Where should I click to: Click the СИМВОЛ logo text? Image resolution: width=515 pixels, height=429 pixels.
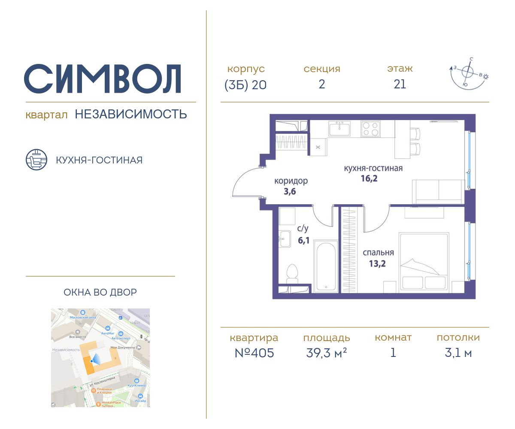102,79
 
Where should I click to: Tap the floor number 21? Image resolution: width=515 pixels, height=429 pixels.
400,85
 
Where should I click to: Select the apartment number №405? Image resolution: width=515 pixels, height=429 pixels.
254,353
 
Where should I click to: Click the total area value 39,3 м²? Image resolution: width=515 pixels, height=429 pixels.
326,353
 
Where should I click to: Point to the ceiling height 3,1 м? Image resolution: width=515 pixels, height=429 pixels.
458,353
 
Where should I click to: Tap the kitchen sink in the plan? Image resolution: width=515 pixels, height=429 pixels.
339,128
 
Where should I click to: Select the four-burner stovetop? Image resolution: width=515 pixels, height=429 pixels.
370,129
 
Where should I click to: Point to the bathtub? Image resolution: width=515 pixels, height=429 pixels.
326,266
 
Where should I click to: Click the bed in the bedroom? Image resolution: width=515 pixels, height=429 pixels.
424,263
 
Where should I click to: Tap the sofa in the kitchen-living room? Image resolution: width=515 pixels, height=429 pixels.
438,191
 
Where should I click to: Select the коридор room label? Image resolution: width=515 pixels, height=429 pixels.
291,181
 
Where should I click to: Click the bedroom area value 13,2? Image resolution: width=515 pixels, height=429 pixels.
377,263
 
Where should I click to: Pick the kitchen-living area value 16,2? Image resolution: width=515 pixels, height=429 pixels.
369,178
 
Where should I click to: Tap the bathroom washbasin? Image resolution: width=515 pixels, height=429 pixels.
284,239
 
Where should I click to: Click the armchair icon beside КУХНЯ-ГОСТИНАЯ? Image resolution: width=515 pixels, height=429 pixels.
36,160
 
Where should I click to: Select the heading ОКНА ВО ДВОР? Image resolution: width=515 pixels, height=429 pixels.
100,293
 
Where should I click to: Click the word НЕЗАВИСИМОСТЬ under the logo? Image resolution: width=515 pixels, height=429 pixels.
131,114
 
